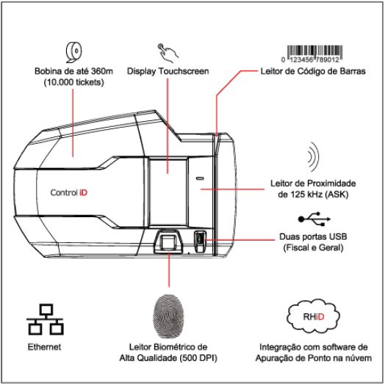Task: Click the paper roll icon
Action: pyautogui.click(x=74, y=52)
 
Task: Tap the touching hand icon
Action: pyautogui.click(x=168, y=53)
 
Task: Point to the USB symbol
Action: pyautogui.click(x=314, y=219)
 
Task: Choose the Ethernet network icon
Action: pyautogui.click(x=45, y=319)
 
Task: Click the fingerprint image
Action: pyautogui.click(x=168, y=316)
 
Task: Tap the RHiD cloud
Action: pyautogui.click(x=313, y=316)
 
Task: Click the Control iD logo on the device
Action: pyautogui.click(x=69, y=192)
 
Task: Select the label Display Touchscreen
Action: pyautogui.click(x=168, y=71)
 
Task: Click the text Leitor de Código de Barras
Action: pyautogui.click(x=313, y=71)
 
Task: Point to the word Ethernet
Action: pyautogui.click(x=44, y=347)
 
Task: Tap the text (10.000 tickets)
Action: pyautogui.click(x=73, y=82)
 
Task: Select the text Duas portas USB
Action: pyautogui.click(x=313, y=236)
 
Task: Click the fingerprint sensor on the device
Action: pyautogui.click(x=168, y=241)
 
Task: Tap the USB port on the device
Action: pyautogui.click(x=200, y=241)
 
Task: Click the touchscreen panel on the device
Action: pyautogui.click(x=168, y=192)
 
